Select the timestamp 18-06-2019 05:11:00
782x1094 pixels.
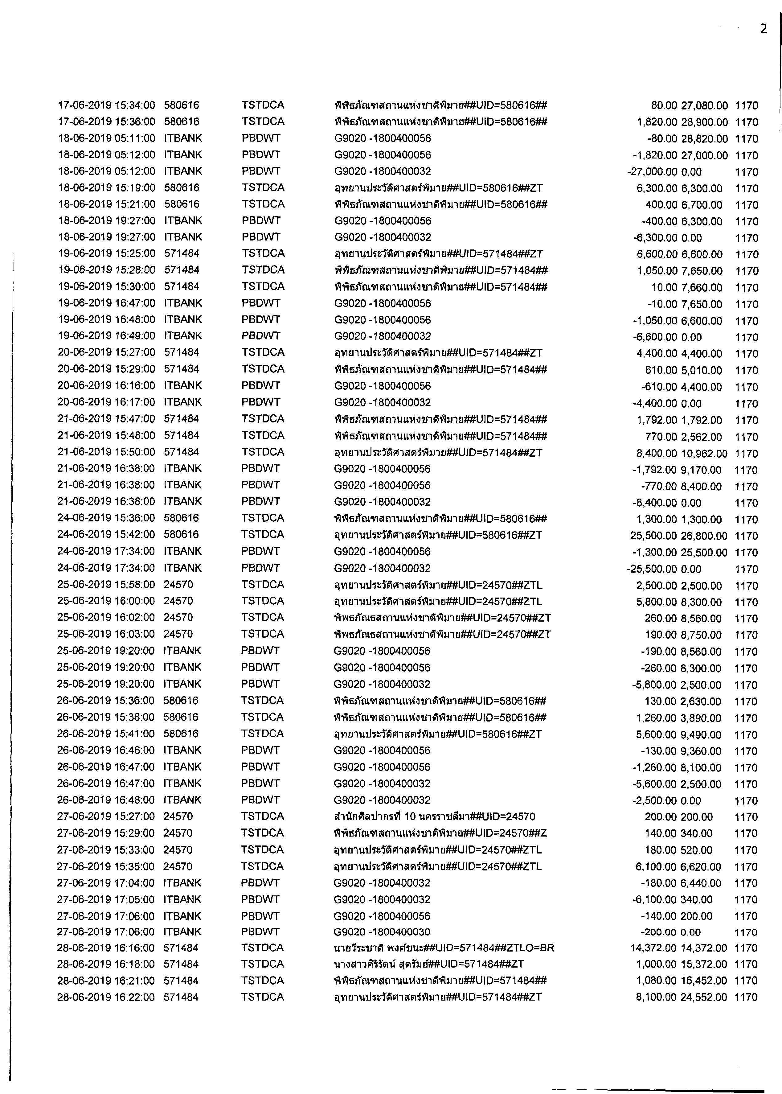pos(106,138)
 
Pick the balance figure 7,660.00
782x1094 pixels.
pos(701,288)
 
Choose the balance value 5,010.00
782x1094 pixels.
pos(701,370)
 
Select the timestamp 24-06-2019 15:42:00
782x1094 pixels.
pos(106,535)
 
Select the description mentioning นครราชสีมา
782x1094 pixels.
pos(434,816)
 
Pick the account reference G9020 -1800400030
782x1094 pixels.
pos(382,932)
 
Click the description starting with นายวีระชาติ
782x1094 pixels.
pos(444,948)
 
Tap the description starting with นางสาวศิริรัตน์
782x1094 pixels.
pos(428,964)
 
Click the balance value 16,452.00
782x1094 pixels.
pos(703,981)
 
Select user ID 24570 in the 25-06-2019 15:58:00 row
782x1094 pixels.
pos(178,585)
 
